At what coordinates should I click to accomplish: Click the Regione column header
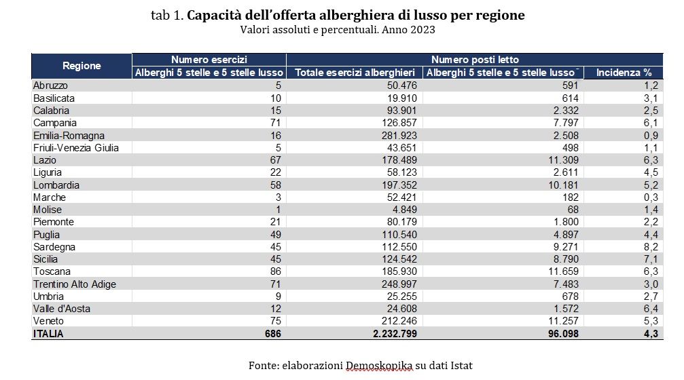pyautogui.click(x=82, y=66)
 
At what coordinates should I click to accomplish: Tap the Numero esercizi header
pyautogui.click(x=209, y=60)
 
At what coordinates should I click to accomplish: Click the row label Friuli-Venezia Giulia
pyautogui.click(x=76, y=147)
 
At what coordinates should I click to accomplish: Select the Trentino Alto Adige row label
pyautogui.click(x=75, y=284)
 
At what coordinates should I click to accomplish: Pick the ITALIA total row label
pyautogui.click(x=48, y=333)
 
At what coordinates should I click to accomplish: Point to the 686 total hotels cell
pyautogui.click(x=271, y=333)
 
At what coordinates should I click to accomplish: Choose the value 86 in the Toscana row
pyautogui.click(x=274, y=271)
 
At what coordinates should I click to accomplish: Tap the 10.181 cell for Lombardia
pyautogui.click(x=563, y=185)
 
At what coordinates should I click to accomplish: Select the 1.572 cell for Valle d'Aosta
pyautogui.click(x=566, y=308)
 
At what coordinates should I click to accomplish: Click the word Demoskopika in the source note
pyautogui.click(x=379, y=365)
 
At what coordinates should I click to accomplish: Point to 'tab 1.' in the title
pyautogui.click(x=167, y=16)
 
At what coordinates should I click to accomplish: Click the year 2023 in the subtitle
pyautogui.click(x=420, y=30)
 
